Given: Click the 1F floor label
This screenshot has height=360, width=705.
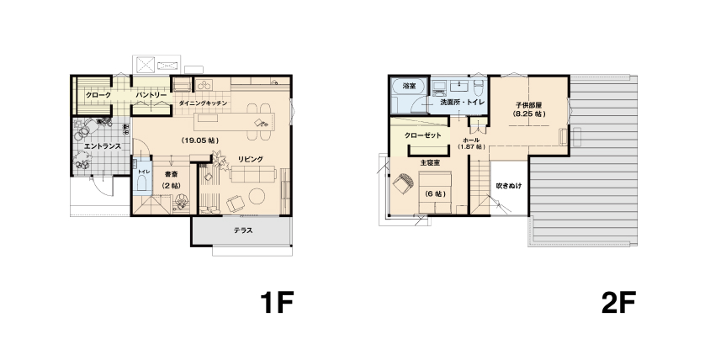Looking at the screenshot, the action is [x=277, y=303].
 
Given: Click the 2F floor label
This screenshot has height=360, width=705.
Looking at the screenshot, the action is [x=618, y=303].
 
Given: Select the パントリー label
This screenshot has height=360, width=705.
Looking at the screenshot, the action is [x=151, y=95].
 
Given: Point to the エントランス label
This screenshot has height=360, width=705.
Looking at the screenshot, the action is [x=103, y=146].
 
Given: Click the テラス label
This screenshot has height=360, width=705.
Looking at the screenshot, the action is [x=243, y=230].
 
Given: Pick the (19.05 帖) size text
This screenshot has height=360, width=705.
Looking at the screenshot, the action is [x=200, y=140].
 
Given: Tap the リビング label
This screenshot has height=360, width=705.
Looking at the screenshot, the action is [x=251, y=159].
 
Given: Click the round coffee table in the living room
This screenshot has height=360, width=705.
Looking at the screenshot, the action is [x=257, y=196].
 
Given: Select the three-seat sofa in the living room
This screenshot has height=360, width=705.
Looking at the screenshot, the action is [x=252, y=174].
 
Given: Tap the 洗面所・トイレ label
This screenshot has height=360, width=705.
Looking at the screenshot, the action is [x=462, y=103].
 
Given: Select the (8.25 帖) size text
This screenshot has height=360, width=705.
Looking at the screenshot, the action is [x=529, y=114].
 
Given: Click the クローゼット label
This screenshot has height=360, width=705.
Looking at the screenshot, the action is [x=422, y=135].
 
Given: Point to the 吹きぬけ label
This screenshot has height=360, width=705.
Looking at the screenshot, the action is [x=509, y=186].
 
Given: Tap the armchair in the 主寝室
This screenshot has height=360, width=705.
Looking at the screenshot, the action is [x=402, y=184].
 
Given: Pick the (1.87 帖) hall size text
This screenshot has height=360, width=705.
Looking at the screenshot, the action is [x=471, y=147].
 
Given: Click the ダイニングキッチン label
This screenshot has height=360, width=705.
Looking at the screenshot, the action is [x=203, y=103].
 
